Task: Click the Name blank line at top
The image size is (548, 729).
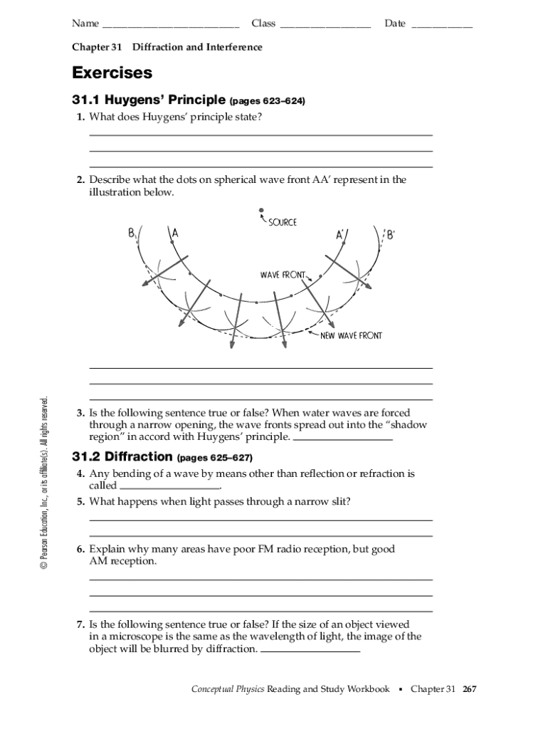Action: click(171, 26)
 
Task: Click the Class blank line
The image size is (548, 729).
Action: click(325, 26)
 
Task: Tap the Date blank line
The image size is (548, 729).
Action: click(441, 26)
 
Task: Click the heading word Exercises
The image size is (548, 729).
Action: click(112, 73)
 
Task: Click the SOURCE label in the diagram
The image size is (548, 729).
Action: click(283, 223)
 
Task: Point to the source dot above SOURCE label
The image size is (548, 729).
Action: click(261, 210)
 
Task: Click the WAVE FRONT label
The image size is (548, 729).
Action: click(283, 275)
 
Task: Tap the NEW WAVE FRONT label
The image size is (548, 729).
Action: click(351, 335)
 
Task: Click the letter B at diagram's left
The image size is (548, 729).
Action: click(132, 232)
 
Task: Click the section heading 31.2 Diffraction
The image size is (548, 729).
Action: click(122, 456)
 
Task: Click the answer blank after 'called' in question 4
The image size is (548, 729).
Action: click(170, 487)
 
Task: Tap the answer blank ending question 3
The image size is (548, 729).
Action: click(342, 439)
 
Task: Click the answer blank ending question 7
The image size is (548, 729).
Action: click(310, 651)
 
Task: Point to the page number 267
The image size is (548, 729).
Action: click(470, 689)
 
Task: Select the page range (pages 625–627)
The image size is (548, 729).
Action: click(214, 457)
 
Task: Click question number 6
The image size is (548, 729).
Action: click(81, 549)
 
